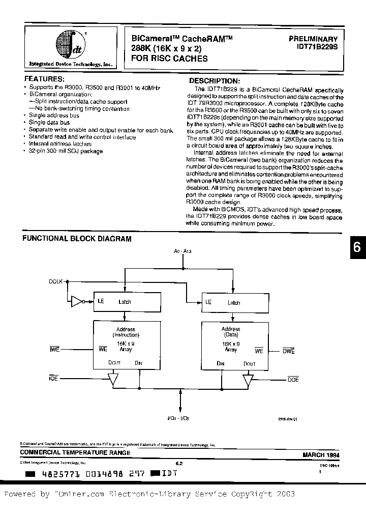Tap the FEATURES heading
pyautogui.click(x=44, y=79)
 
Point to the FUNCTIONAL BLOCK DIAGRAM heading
pyautogui.click(x=76, y=238)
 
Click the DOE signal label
pyautogui.click(x=293, y=380)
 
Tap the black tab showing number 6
pyautogui.click(x=357, y=247)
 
